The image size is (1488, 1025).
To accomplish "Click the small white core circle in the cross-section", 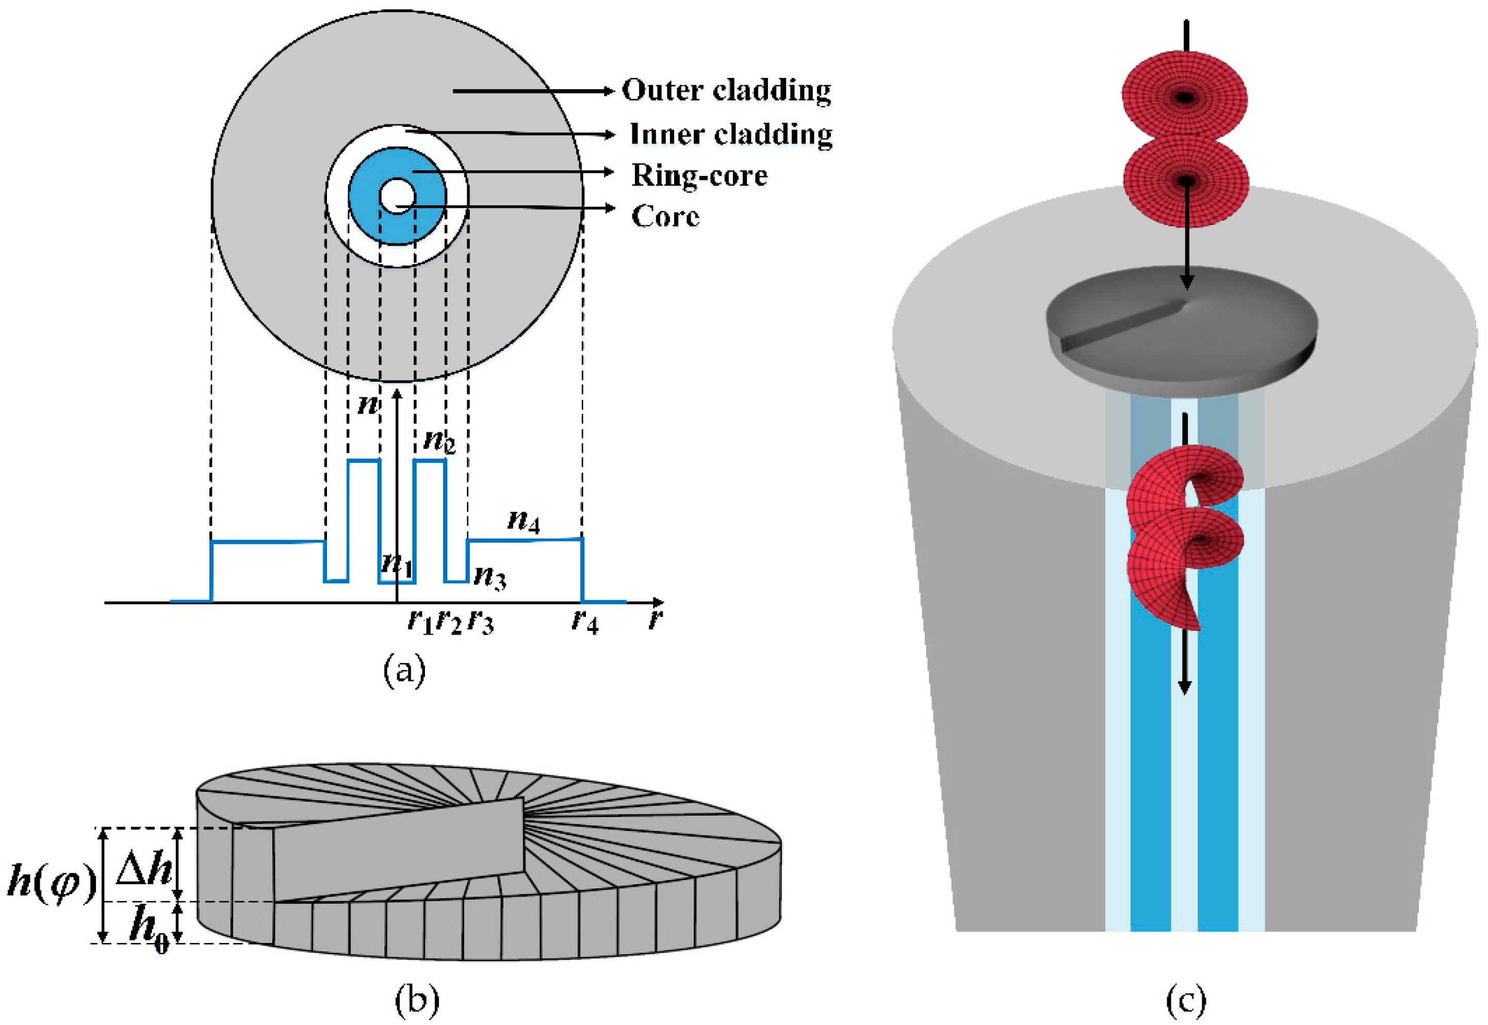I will click(397, 196).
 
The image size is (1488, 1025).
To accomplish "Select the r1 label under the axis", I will click(420, 621).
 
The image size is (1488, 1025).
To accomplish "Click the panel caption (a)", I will click(404, 671).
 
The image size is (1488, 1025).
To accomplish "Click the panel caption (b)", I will click(417, 1000).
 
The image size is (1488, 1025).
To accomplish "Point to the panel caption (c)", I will click(1185, 1000).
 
